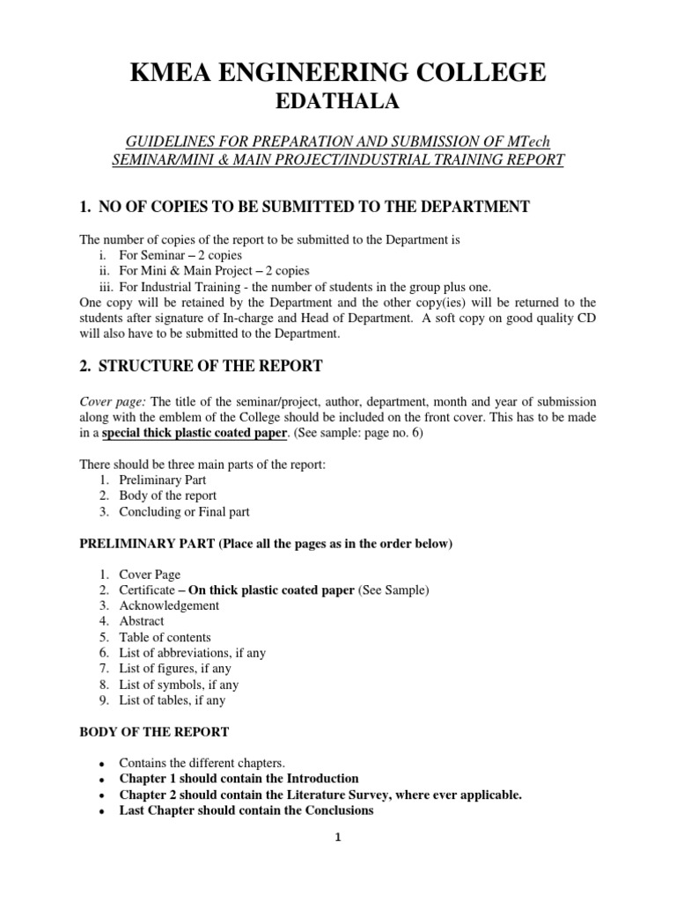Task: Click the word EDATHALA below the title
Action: pyautogui.click(x=338, y=103)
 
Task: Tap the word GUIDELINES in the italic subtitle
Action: pyautogui.click(x=174, y=142)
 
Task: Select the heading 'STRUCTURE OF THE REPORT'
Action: pyautogui.click(x=210, y=366)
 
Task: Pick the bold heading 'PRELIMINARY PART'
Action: pyautogui.click(x=141, y=544)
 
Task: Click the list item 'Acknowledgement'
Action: pyautogui.click(x=169, y=605)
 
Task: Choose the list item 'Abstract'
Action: pyautogui.click(x=142, y=621)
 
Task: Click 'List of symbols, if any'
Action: pyautogui.click(x=179, y=685)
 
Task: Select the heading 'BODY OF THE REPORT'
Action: pyautogui.click(x=154, y=731)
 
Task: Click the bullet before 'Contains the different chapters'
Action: pyautogui.click(x=103, y=764)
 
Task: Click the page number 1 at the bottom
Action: pyautogui.click(x=338, y=838)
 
